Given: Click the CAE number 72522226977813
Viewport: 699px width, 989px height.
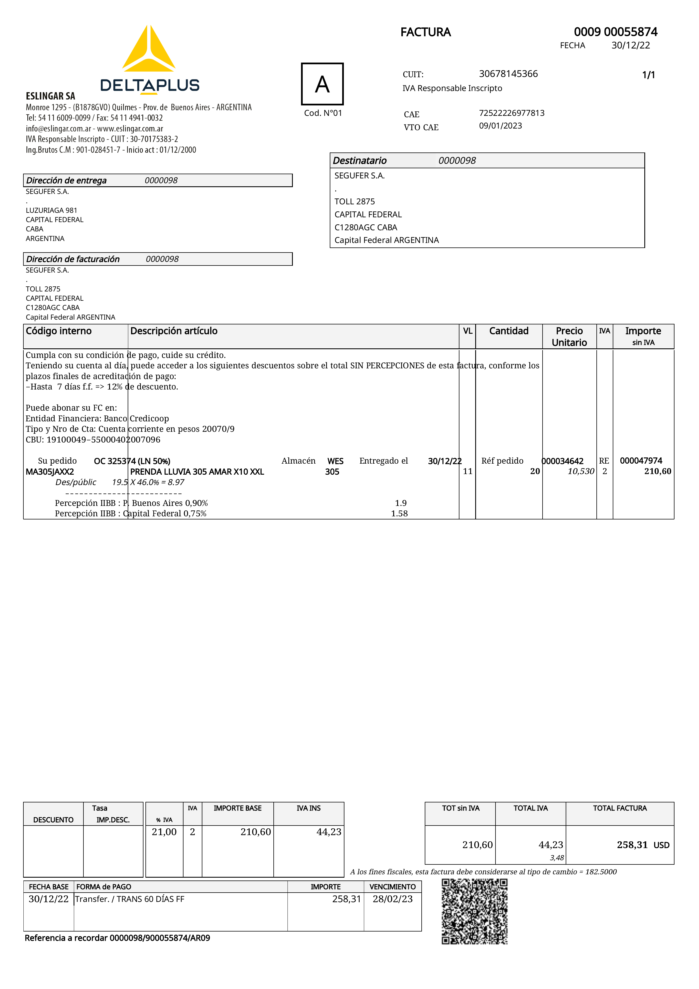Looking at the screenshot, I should click(x=511, y=113).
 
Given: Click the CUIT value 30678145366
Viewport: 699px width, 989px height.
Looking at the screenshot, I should click(x=508, y=74).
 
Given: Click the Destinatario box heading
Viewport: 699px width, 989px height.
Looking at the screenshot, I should click(x=360, y=161).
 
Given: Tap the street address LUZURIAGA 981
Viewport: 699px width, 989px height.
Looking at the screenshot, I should click(x=51, y=210).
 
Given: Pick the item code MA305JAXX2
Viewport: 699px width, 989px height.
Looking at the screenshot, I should click(x=50, y=472).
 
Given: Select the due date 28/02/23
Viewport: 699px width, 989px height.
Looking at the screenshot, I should click(x=392, y=899).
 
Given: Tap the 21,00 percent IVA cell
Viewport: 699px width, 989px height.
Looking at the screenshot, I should click(x=164, y=832).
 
